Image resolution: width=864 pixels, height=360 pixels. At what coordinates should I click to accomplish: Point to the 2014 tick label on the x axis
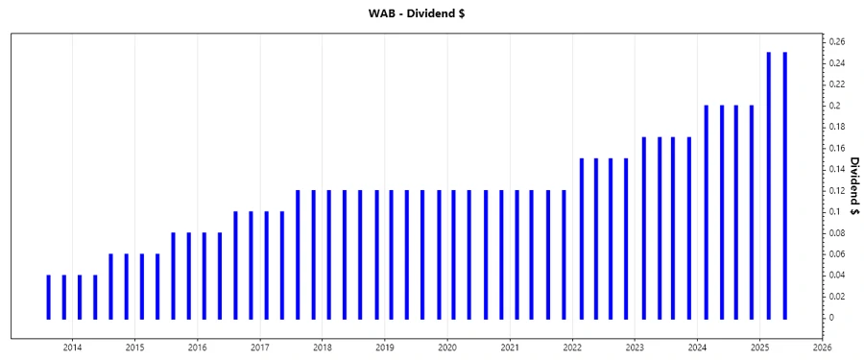pos(72,348)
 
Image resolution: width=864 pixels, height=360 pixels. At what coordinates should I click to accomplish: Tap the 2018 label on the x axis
pos(323,348)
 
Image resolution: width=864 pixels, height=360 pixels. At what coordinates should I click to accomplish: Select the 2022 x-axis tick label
pos(572,348)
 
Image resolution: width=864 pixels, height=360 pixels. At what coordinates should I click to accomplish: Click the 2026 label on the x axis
pos(823,348)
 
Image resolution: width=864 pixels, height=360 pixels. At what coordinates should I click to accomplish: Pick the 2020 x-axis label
pos(447,348)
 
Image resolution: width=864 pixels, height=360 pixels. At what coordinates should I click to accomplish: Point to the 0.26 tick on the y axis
pos(836,42)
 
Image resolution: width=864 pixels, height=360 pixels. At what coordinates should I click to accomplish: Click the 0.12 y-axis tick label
pos(836,190)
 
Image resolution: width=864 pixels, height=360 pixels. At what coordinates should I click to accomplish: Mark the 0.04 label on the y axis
pos(836,276)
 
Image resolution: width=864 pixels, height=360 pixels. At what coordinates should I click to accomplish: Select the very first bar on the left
pos(48,297)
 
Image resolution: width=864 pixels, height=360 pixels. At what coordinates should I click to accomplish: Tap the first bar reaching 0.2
pos(706,211)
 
